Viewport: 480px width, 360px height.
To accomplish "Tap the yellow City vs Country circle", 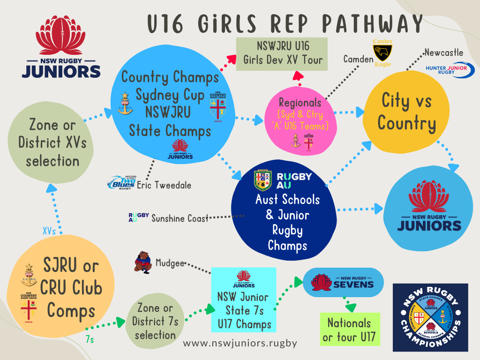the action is pyautogui.click(x=406, y=112).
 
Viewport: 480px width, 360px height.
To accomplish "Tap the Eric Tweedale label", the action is pyautogui.click(x=164, y=185).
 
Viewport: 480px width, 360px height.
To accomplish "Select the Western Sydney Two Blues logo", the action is pyautogui.click(x=121, y=182).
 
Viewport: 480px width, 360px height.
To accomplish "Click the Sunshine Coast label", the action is pyautogui.click(x=180, y=218).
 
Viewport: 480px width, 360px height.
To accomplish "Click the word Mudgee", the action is pyautogui.click(x=170, y=263).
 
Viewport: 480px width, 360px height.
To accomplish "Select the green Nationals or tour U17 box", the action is pyautogui.click(x=349, y=330).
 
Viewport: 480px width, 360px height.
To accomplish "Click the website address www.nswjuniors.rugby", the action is pyautogui.click(x=240, y=343).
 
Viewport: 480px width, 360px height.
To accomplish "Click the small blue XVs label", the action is pyautogui.click(x=51, y=232).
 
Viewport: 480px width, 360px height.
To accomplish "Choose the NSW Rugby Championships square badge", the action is pyautogui.click(x=430, y=317).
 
